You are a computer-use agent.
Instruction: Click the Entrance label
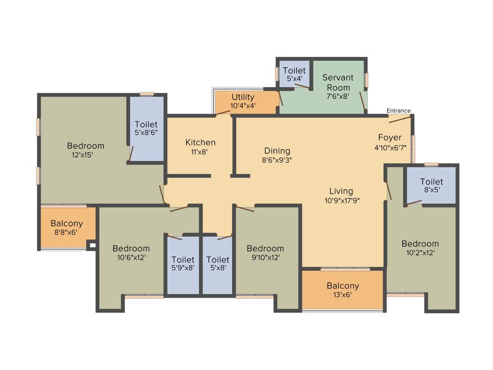click(399, 111)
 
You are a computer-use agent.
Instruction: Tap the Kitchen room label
click(200, 142)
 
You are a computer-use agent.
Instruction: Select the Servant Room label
click(337, 82)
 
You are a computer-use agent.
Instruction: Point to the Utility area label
click(243, 97)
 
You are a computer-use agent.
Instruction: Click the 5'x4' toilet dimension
click(294, 79)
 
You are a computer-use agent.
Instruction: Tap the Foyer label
click(389, 138)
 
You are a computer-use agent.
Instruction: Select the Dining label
click(277, 151)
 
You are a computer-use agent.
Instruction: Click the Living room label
click(341, 191)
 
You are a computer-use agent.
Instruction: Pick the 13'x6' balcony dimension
click(342, 295)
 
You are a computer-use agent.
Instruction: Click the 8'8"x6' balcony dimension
click(66, 232)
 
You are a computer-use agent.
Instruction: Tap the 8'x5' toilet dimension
click(431, 190)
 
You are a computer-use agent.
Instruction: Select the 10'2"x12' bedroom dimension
click(420, 252)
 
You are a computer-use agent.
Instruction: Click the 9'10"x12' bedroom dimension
click(265, 257)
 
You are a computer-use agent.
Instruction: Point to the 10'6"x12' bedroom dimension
click(131, 257)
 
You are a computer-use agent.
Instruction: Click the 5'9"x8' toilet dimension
click(183, 268)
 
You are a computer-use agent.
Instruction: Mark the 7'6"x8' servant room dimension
click(337, 96)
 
